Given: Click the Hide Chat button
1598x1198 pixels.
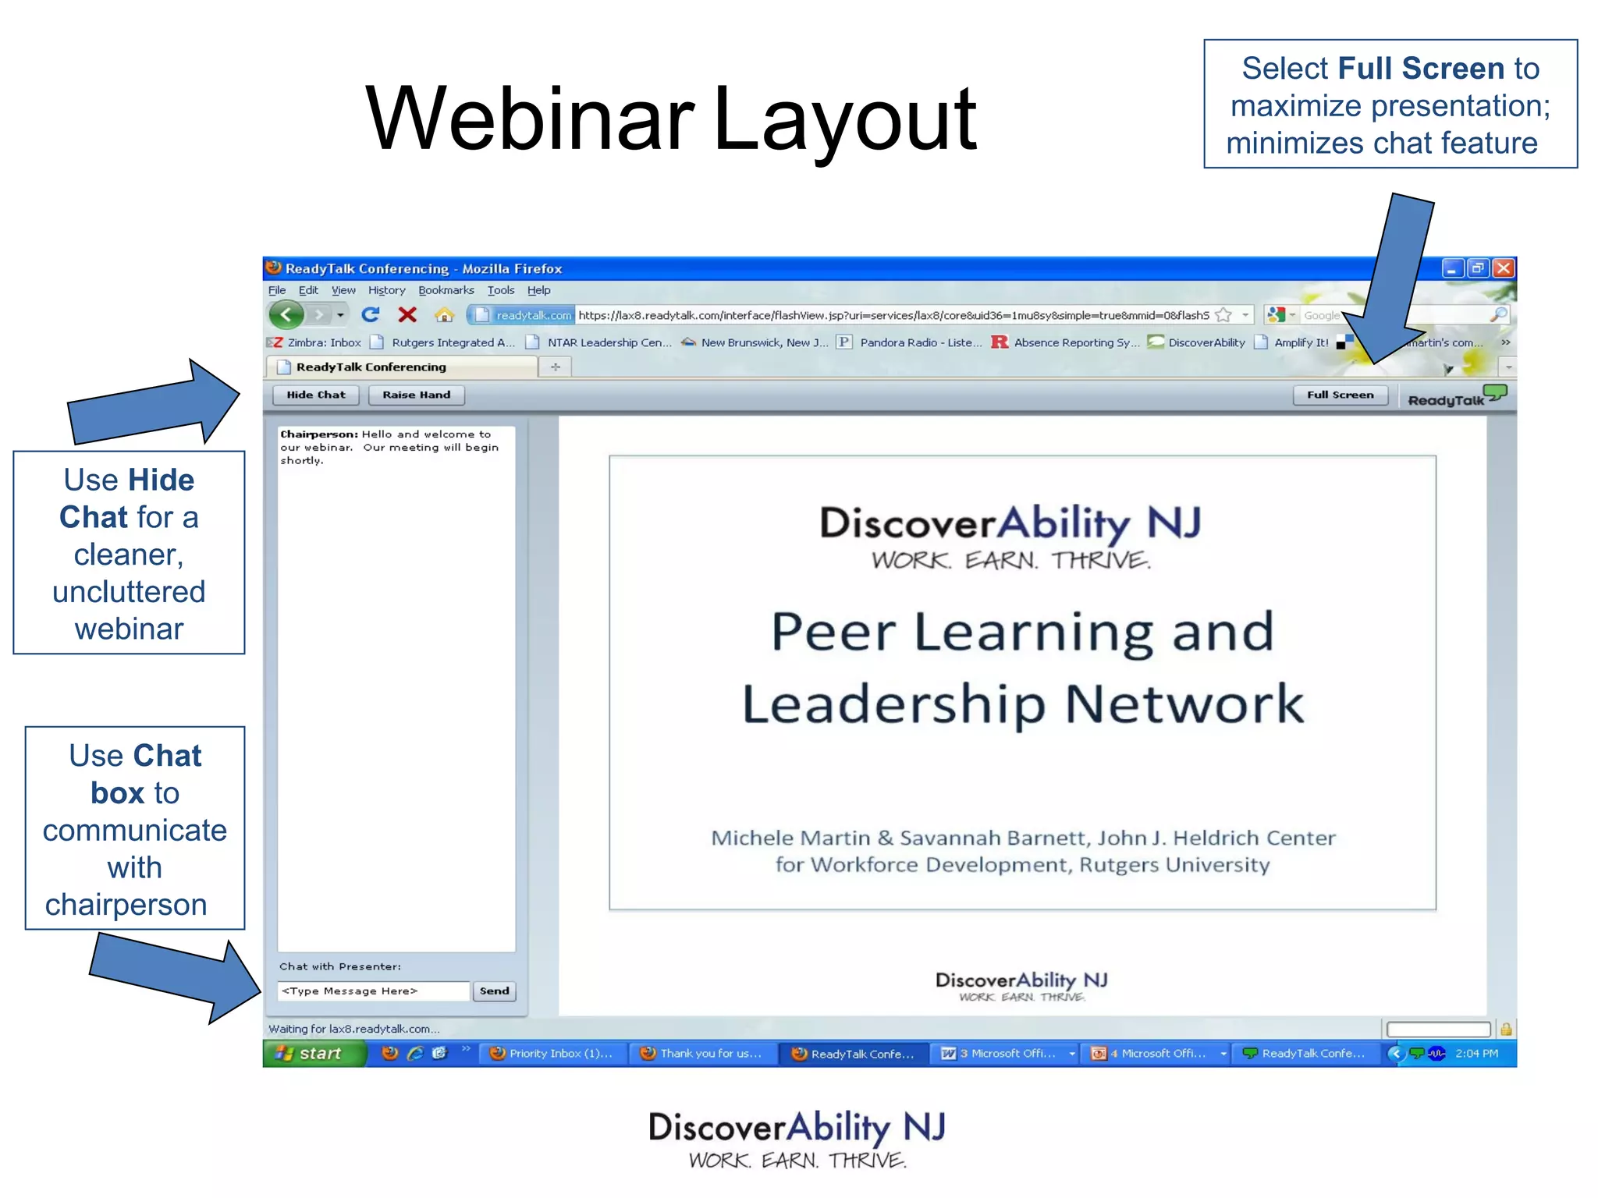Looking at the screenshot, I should tap(315, 395).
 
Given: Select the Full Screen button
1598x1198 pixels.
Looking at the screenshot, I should tap(1340, 395).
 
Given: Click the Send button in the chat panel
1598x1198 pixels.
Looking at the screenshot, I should tap(494, 991).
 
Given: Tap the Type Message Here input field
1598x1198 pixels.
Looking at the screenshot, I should tap(373, 991).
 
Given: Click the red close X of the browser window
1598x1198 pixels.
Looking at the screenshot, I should tap(1504, 268).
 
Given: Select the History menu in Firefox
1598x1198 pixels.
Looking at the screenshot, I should tap(386, 290).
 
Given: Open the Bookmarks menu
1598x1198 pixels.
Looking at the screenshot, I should tap(446, 290).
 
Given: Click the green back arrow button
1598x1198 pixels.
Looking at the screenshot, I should tap(286, 315).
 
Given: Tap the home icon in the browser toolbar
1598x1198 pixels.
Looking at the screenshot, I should tap(444, 315).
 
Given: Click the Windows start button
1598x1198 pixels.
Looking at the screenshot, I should tap(313, 1053).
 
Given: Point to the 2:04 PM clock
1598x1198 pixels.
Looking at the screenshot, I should tap(1476, 1053).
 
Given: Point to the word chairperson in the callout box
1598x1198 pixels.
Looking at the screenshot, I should tap(126, 904).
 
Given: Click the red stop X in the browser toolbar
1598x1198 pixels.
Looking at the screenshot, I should tap(407, 315).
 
